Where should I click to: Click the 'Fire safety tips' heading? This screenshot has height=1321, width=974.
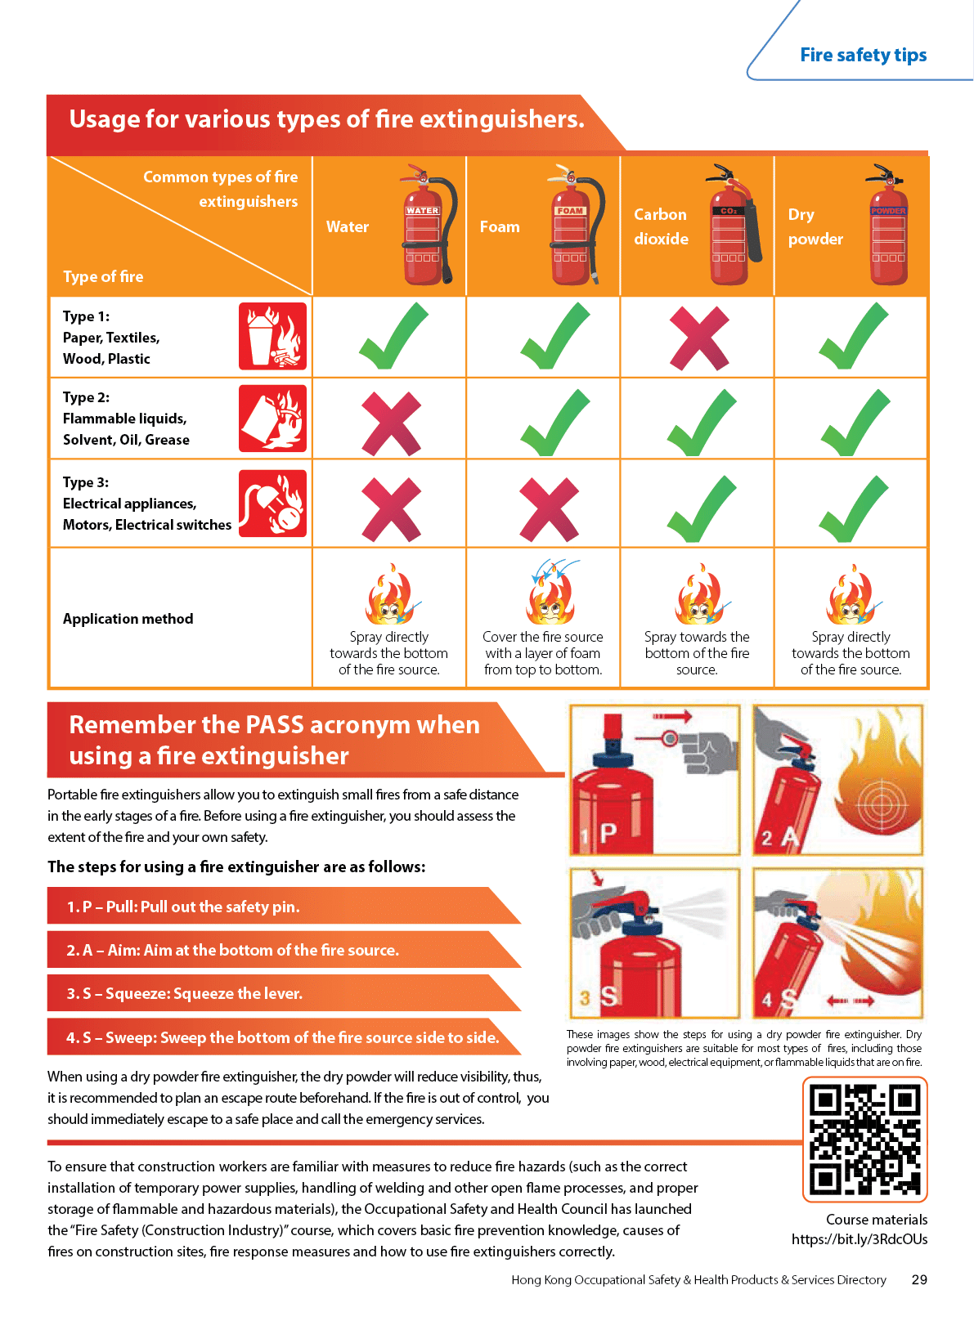(x=863, y=55)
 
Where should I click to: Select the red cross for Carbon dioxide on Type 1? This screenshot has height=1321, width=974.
(x=699, y=338)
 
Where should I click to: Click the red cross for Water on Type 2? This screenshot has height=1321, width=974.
(x=391, y=423)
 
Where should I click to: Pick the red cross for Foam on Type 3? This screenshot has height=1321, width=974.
(x=549, y=509)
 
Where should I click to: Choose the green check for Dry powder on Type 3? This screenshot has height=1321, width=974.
(x=854, y=508)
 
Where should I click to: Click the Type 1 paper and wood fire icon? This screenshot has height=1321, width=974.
(x=272, y=336)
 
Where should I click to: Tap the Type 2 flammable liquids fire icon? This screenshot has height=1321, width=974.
(x=272, y=418)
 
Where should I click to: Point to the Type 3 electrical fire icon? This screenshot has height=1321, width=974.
(x=272, y=503)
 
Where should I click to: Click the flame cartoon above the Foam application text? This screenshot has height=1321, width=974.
(x=551, y=592)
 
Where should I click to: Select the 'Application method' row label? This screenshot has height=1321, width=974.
(x=128, y=619)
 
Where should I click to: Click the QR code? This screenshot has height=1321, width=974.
(x=865, y=1140)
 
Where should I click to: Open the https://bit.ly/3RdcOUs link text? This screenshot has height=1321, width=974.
(x=860, y=1239)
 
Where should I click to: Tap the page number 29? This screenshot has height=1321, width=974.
(x=919, y=1280)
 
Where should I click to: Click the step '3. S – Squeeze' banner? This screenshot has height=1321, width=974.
(x=284, y=993)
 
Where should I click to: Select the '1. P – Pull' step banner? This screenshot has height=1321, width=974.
(x=284, y=906)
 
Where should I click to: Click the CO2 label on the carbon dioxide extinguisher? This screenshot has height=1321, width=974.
(x=728, y=211)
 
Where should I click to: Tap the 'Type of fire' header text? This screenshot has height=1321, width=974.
(x=103, y=276)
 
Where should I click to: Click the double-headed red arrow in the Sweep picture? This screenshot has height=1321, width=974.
(x=851, y=1001)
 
